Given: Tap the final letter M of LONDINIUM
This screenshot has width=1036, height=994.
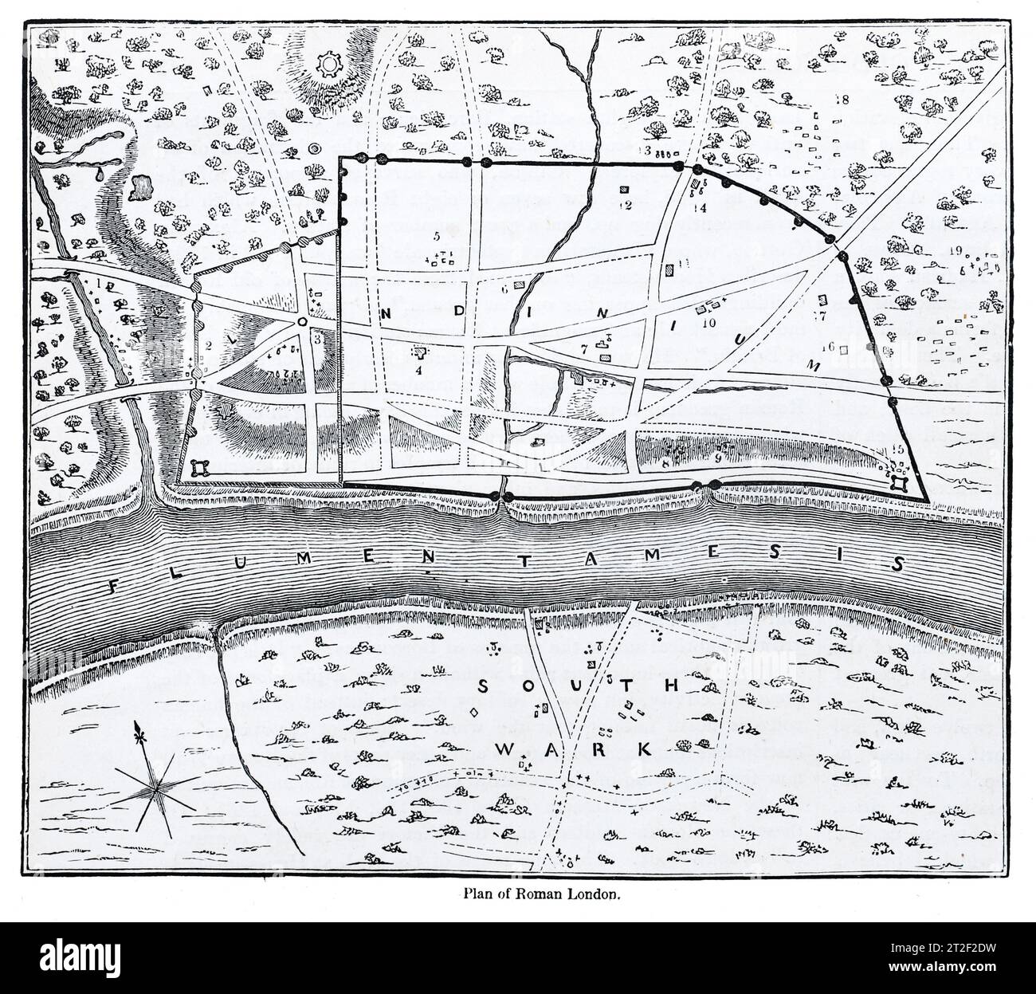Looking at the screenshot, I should pos(814,363).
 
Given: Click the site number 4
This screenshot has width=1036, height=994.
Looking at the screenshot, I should pos(418,369).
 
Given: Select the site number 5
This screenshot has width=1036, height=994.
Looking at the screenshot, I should pos(436,237).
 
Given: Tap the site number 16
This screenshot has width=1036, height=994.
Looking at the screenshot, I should pos(828,347).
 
